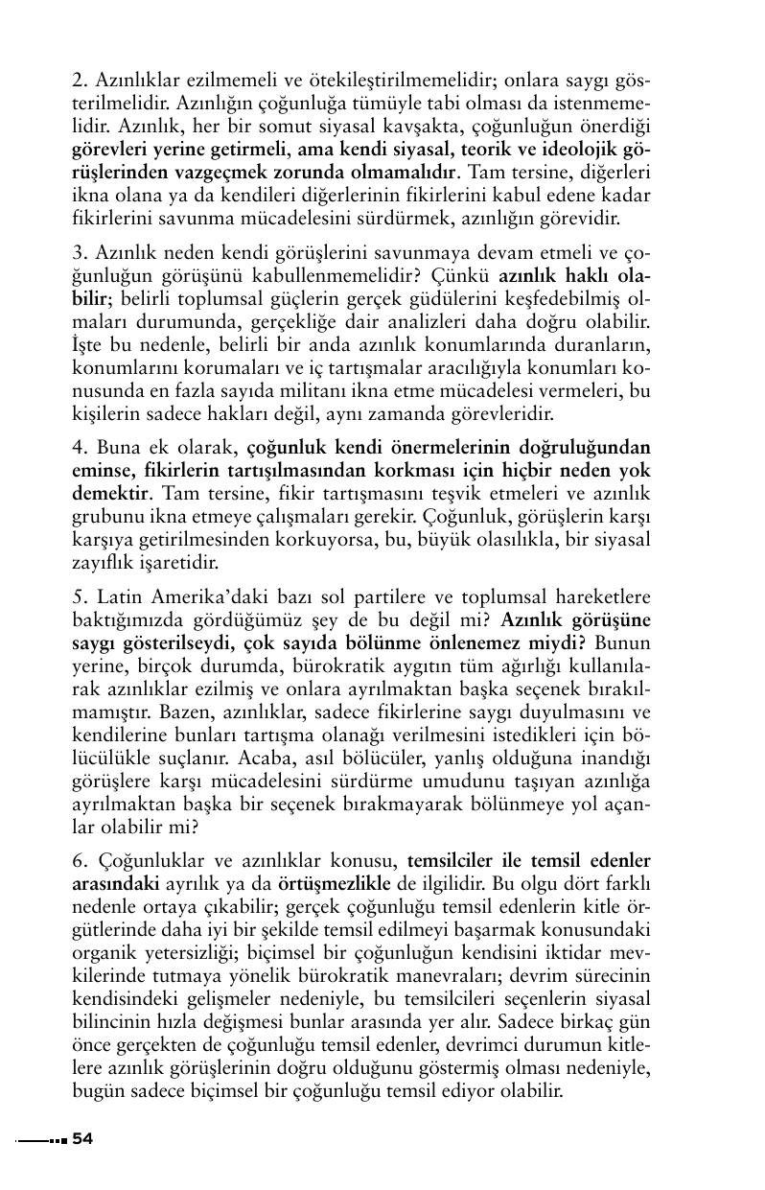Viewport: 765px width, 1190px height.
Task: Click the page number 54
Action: tap(82, 1138)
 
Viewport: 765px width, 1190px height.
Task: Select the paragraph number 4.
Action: tap(78, 447)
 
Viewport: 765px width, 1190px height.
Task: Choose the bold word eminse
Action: tap(104, 471)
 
